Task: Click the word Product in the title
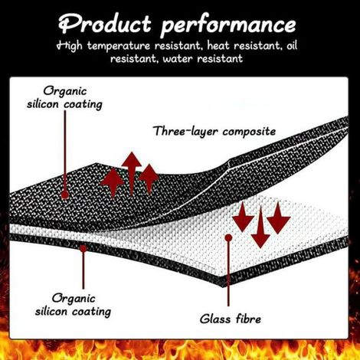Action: click(105, 24)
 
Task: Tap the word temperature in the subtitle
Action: click(119, 46)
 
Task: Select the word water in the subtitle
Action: click(178, 59)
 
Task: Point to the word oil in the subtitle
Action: click(292, 45)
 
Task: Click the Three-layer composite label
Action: click(214, 132)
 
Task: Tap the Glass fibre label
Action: click(231, 319)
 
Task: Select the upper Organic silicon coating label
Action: click(64, 98)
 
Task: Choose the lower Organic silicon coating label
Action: click(73, 306)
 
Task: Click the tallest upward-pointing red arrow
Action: click(132, 174)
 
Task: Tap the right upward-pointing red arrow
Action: click(149, 178)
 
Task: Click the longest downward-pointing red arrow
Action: click(260, 227)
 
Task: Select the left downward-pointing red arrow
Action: click(243, 217)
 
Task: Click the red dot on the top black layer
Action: click(65, 195)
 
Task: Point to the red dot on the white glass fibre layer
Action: click(228, 238)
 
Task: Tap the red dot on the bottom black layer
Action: click(83, 248)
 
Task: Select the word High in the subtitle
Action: click(70, 46)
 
